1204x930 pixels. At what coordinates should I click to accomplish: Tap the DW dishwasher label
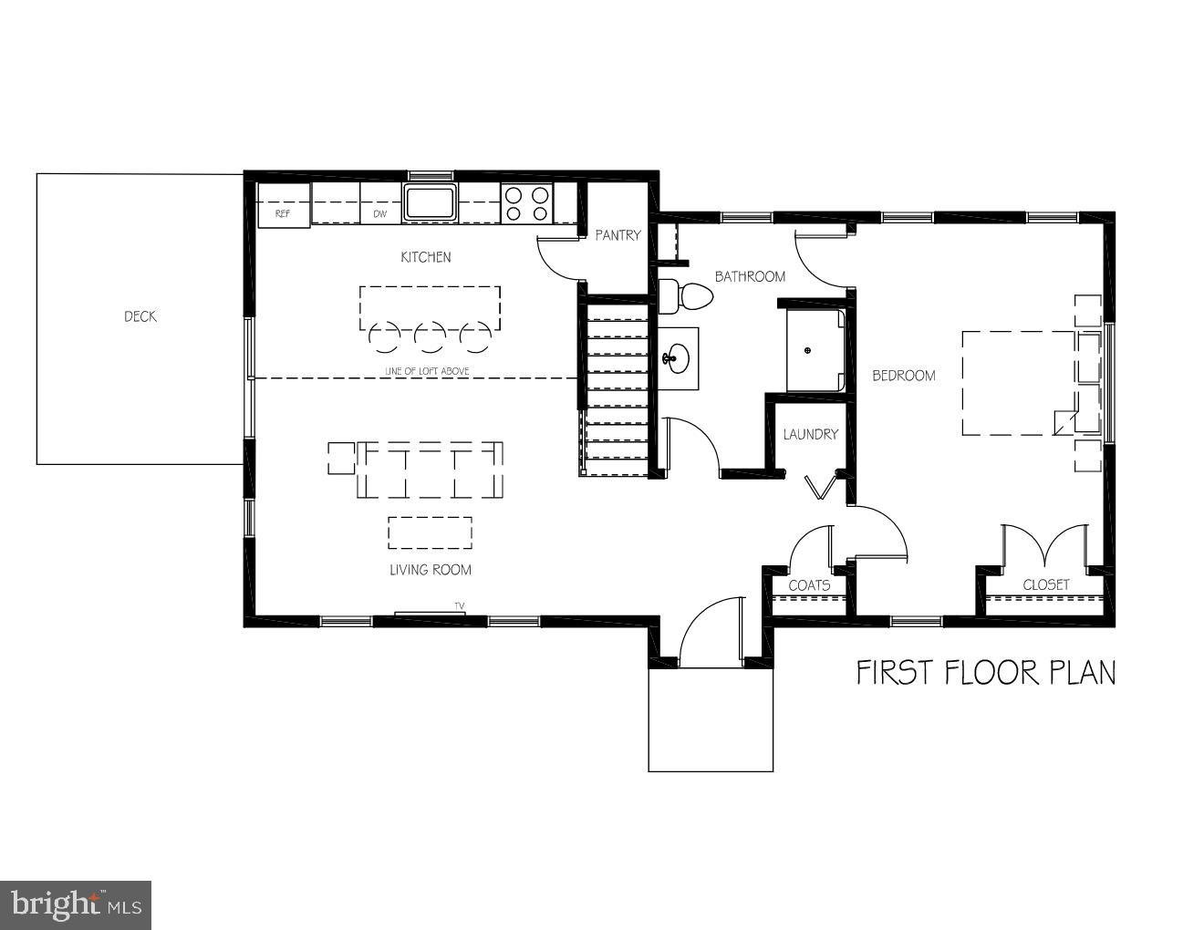pos(380,214)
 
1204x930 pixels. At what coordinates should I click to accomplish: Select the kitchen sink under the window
pos(431,202)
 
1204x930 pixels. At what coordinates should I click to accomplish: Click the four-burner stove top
pos(527,203)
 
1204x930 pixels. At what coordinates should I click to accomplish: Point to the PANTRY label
pos(618,235)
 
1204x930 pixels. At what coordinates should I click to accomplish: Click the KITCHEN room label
pos(426,257)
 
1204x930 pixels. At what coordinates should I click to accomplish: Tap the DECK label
pos(140,316)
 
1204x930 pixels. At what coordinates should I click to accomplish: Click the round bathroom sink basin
pos(675,357)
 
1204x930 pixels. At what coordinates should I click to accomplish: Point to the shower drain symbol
pos(807,350)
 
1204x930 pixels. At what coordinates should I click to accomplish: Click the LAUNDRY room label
pos(810,434)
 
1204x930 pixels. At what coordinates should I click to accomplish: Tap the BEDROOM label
pos(903,376)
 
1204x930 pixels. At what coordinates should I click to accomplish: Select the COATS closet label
pos(809,585)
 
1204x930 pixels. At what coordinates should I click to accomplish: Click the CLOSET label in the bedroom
pos(1045,585)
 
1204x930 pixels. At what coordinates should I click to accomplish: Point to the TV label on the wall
pos(460,605)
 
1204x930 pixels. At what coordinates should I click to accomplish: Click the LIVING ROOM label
pos(430,570)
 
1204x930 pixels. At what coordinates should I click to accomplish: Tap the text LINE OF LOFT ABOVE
pos(427,371)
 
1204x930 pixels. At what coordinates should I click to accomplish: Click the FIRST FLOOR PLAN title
pos(985,673)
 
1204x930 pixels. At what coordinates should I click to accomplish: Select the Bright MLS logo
pos(76,904)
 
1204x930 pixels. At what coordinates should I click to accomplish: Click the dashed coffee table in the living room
pos(430,533)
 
